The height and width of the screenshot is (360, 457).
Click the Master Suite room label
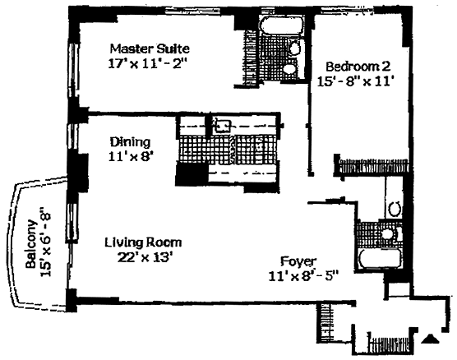pyautogui.click(x=150, y=48)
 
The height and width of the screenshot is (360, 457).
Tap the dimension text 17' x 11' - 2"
pyautogui.click(x=147, y=64)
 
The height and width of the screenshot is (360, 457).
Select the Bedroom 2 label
pyautogui.click(x=358, y=67)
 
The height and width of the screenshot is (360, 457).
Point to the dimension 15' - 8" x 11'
pyautogui.click(x=356, y=81)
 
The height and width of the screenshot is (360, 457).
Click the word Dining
pyautogui.click(x=131, y=142)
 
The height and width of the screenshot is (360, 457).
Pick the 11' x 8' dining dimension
pyautogui.click(x=131, y=157)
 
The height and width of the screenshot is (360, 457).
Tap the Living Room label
pyautogui.click(x=143, y=242)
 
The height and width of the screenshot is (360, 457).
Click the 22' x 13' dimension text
pyautogui.click(x=143, y=257)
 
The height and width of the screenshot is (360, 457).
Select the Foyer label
pyautogui.click(x=298, y=261)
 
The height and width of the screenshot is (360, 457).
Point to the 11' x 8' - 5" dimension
pyautogui.click(x=303, y=276)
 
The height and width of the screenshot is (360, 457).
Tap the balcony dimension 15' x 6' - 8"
pyautogui.click(x=47, y=242)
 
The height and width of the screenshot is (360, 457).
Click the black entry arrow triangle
pyautogui.click(x=431, y=339)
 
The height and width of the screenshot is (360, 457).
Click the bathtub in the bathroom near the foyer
pyautogui.click(x=380, y=259)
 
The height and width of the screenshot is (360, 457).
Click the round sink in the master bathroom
pyautogui.click(x=290, y=69)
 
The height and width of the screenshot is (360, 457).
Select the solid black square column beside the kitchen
pyautogui.click(x=192, y=174)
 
